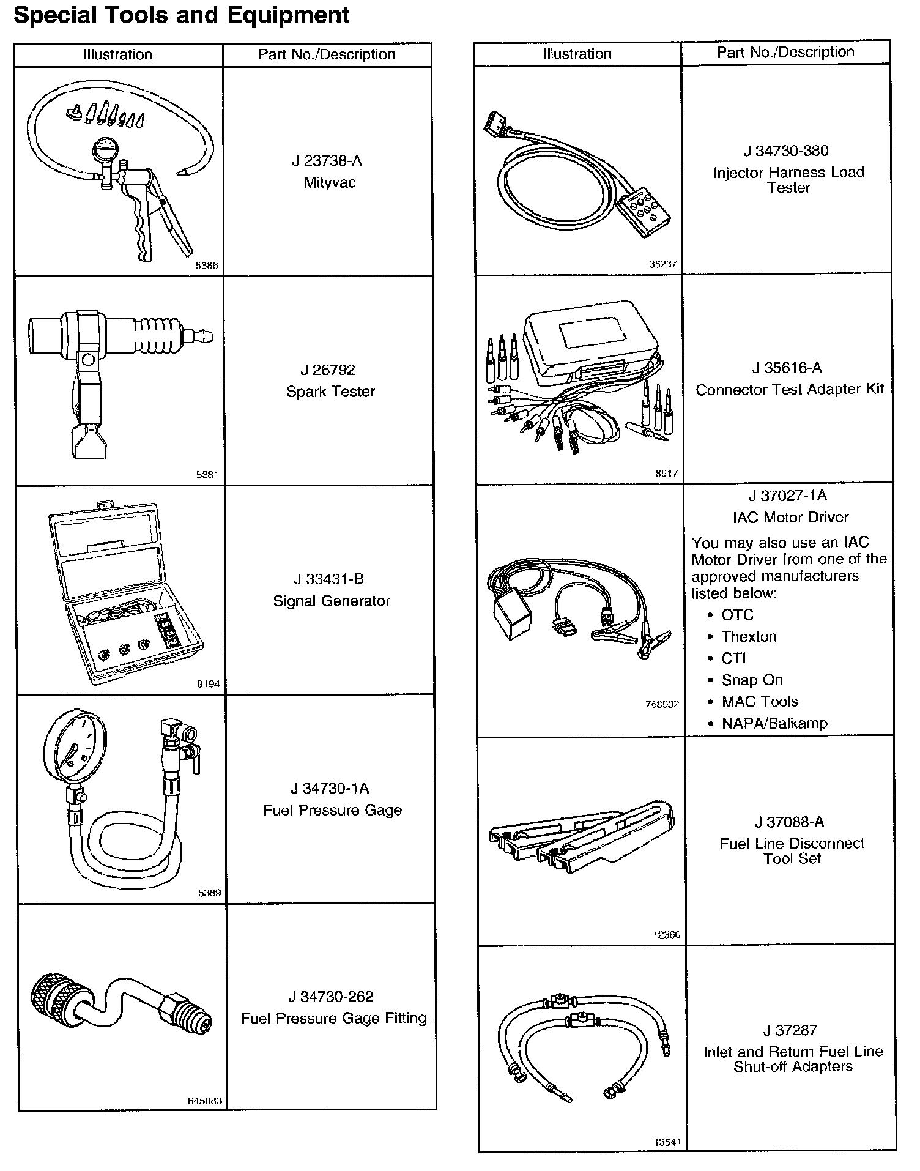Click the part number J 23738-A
[x=327, y=161]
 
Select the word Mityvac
[x=329, y=183]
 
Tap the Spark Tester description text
[x=330, y=392]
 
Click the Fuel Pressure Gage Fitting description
[x=333, y=1019]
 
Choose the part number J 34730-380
[x=785, y=151]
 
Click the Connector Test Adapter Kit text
[x=789, y=390]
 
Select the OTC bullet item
[x=737, y=615]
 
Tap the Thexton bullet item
[x=749, y=637]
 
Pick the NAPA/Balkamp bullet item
[x=774, y=724]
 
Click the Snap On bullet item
[x=752, y=680]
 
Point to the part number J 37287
[x=790, y=1030]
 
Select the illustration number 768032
[x=662, y=704]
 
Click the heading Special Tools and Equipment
[x=181, y=15]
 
